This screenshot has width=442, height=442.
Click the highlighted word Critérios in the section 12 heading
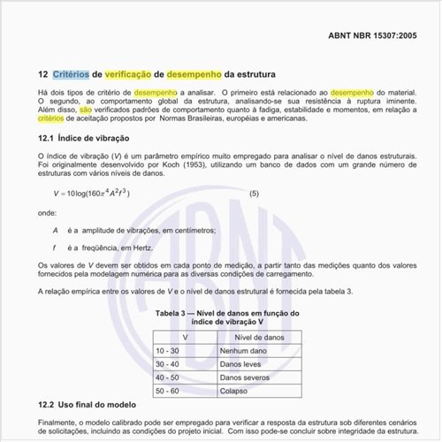click(70, 75)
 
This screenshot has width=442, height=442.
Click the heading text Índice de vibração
click(94, 139)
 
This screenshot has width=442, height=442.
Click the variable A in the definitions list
click(56, 230)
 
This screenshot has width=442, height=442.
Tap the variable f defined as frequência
click(55, 247)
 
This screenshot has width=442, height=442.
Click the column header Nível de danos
click(257, 338)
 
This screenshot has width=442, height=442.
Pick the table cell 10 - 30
click(167, 351)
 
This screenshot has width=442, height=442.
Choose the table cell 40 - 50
click(167, 377)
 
